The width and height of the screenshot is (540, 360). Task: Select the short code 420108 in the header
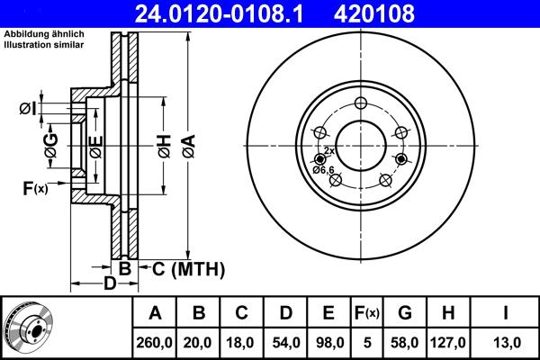point(401,14)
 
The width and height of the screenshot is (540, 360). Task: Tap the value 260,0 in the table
point(155,342)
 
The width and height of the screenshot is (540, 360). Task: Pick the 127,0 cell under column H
point(449,342)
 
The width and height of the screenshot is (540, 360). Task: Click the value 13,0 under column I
point(506,342)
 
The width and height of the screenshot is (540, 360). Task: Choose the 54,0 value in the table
point(286,342)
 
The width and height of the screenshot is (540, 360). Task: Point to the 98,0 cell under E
point(329,342)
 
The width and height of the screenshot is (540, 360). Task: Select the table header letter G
point(405,314)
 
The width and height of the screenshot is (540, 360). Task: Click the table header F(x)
point(368,314)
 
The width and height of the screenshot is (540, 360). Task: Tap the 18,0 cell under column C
point(242,342)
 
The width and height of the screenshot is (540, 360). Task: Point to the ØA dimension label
point(187,144)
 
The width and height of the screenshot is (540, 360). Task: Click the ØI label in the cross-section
point(27,110)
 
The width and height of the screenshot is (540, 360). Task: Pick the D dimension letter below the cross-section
point(109,284)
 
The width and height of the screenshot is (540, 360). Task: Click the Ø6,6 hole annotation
point(323,170)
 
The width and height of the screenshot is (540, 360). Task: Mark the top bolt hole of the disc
point(360,102)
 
